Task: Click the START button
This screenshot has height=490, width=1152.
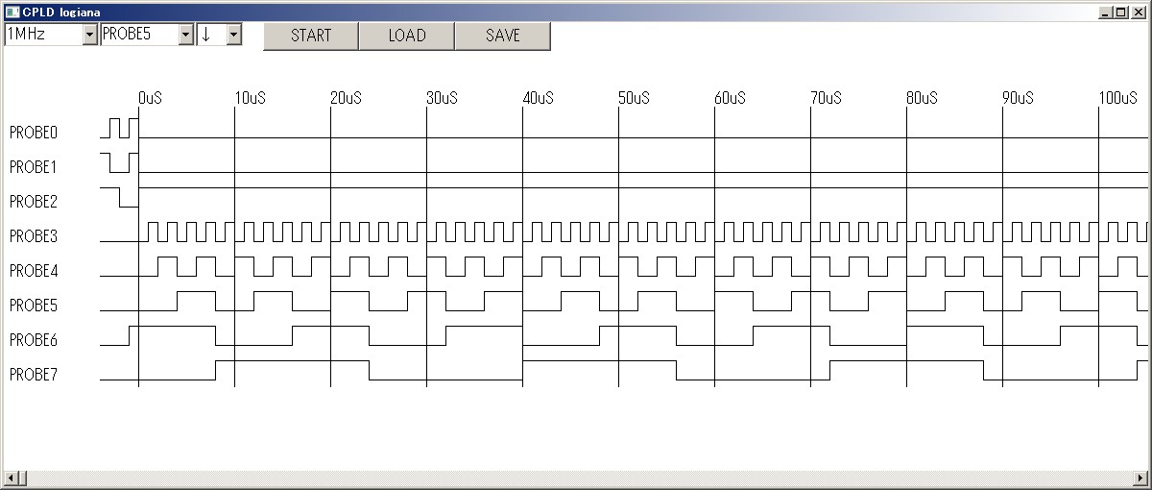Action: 311,36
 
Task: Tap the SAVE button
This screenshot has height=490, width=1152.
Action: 503,36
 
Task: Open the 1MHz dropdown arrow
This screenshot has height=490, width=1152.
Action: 89,35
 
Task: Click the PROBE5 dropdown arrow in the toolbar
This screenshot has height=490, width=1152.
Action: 185,35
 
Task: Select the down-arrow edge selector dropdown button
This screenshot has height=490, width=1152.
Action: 234,35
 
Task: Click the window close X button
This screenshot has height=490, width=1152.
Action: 1139,12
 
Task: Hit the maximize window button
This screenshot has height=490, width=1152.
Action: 1121,12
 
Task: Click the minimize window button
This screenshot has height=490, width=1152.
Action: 1105,12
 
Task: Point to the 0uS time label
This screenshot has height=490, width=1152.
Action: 150,98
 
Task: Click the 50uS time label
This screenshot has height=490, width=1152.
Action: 635,98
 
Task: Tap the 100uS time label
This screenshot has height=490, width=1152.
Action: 1118,98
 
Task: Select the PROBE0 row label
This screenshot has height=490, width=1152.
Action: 34,133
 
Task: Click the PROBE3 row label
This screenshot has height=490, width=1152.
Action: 34,236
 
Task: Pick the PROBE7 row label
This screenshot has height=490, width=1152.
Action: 34,375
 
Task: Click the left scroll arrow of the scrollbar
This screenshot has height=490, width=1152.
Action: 10,478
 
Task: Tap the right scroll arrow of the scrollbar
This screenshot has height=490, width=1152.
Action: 1140,478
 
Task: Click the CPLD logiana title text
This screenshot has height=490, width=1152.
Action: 61,12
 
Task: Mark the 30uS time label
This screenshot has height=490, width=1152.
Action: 443,98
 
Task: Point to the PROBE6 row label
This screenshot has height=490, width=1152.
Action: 34,340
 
